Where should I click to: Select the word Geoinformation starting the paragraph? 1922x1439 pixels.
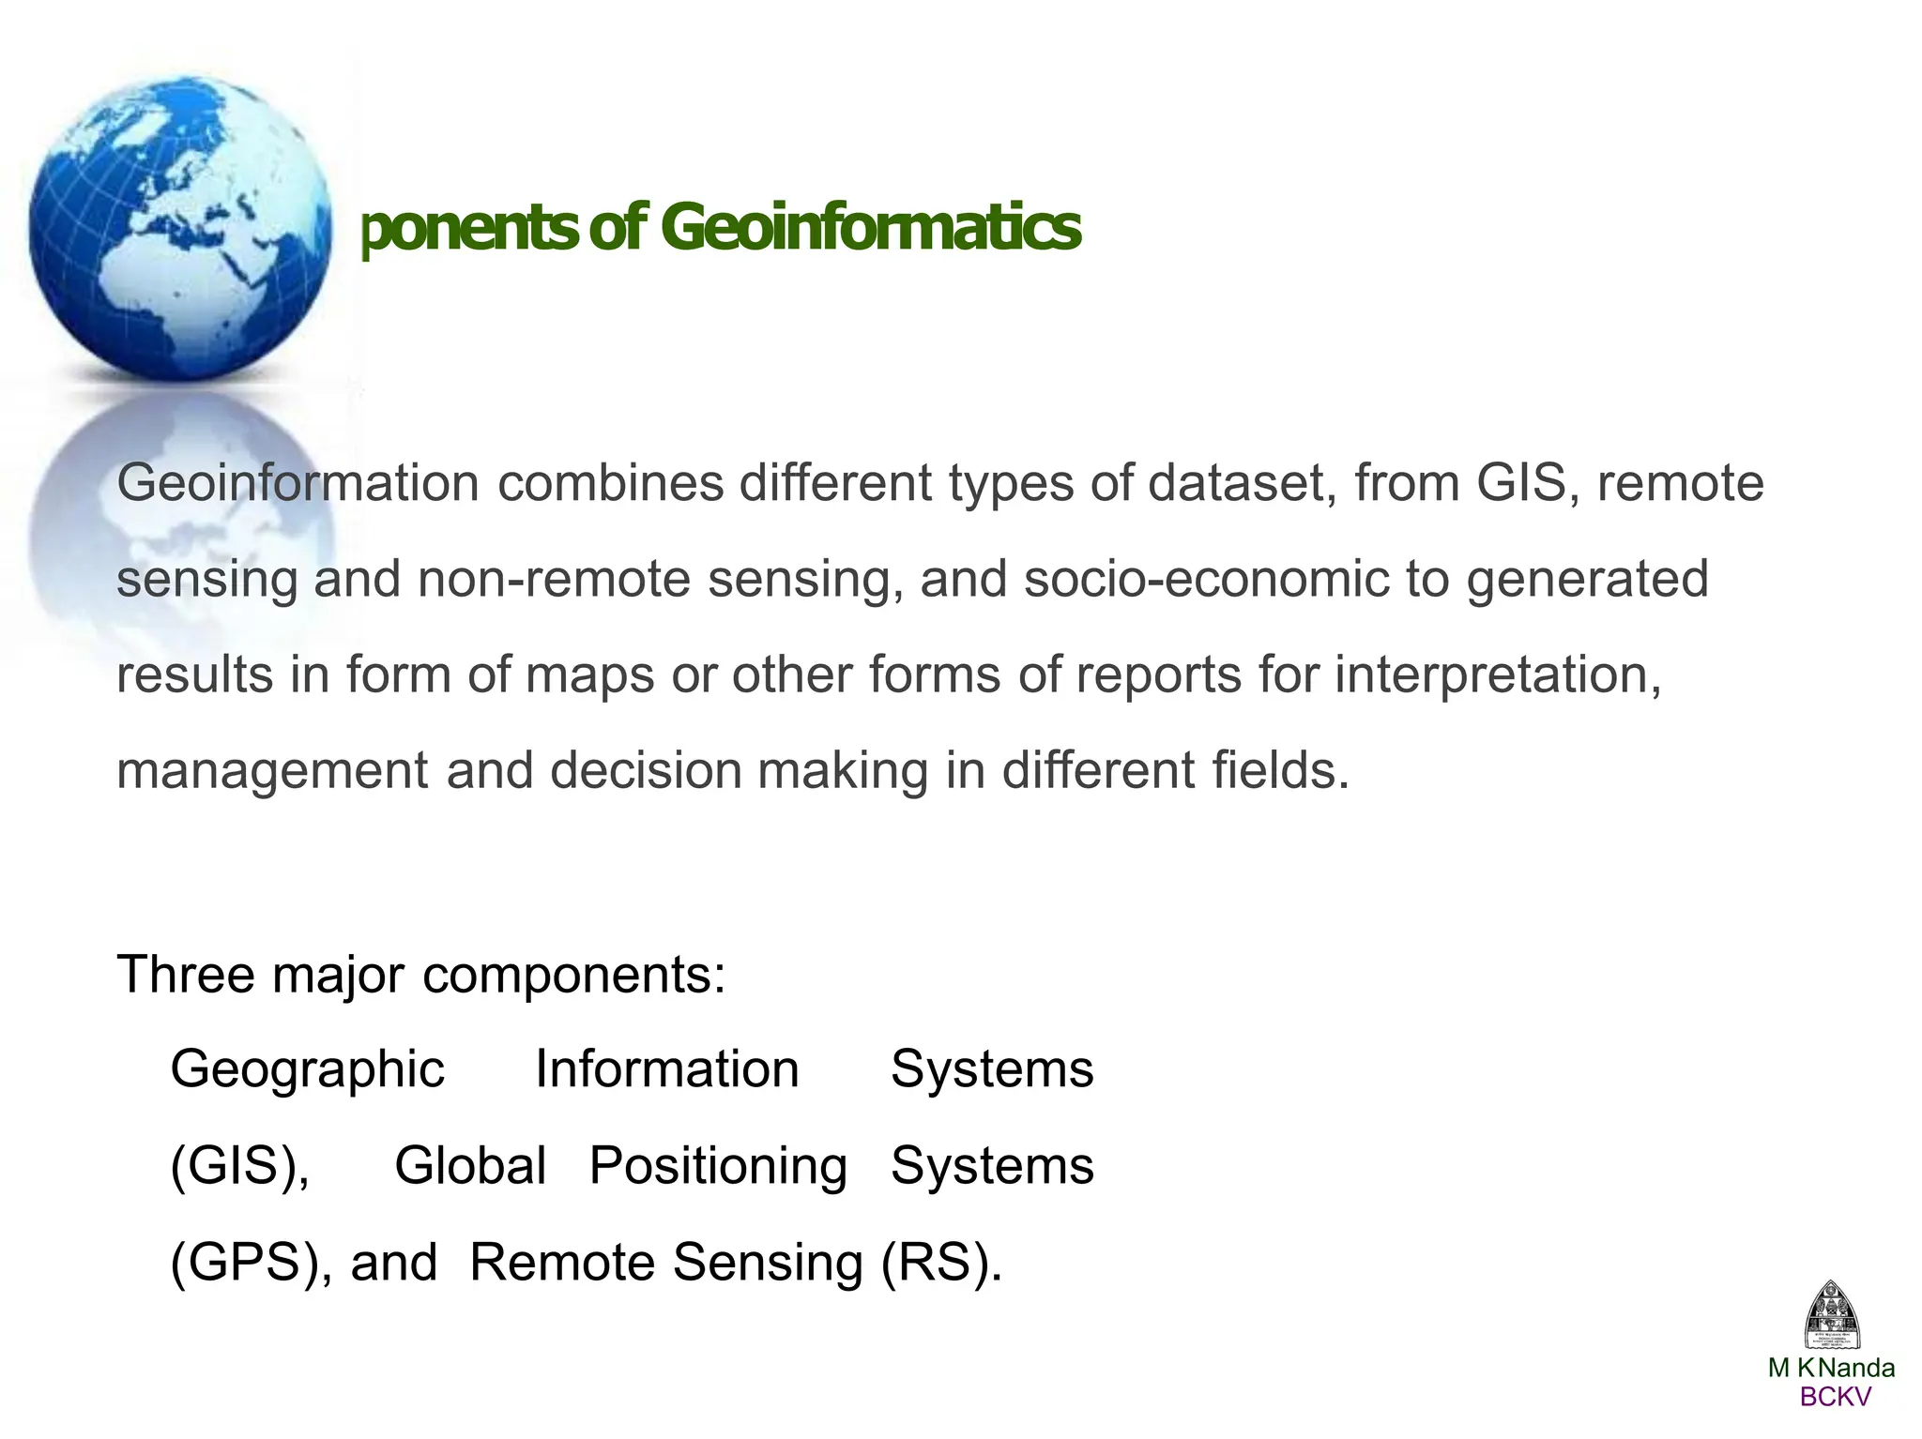297,484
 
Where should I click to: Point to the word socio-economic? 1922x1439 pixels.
1206,579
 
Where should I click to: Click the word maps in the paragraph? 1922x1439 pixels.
589,675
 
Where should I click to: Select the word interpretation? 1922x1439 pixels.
1498,675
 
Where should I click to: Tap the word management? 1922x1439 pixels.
272,771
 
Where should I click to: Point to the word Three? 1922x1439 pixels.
186,974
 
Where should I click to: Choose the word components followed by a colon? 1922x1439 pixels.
573,976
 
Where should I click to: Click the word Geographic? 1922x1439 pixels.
307,1070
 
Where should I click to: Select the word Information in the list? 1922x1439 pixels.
666,1069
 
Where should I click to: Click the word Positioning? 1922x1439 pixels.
718,1167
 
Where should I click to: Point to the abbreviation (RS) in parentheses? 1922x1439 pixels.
941,1263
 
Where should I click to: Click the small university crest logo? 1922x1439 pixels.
1832,1315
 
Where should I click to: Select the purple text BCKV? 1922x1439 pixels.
1835,1397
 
